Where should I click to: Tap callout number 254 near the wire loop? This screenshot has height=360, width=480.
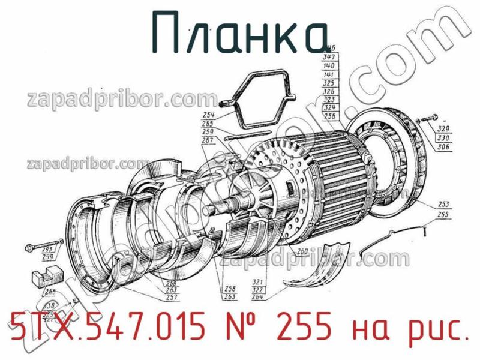[x=208, y=115]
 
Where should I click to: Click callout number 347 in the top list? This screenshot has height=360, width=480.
[x=329, y=57]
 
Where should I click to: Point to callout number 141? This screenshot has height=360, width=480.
[x=329, y=74]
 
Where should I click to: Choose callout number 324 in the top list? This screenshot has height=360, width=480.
[x=329, y=108]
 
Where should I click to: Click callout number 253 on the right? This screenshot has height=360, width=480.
[x=444, y=205]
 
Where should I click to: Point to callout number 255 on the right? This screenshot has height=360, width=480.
[x=444, y=214]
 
